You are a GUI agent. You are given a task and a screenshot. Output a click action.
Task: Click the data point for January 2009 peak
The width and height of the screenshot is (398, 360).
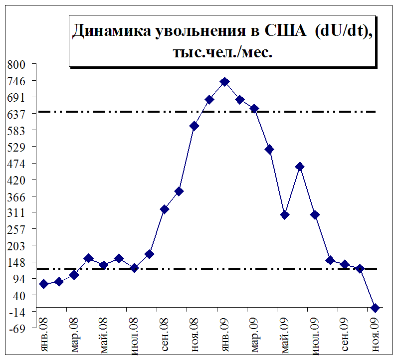tap(224, 82)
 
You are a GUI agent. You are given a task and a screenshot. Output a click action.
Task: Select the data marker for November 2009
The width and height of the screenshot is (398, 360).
tap(375, 308)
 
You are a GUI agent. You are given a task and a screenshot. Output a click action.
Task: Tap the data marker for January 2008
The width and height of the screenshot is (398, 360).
tap(44, 284)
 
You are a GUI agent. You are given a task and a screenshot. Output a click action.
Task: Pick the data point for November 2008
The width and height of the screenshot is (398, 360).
tap(195, 126)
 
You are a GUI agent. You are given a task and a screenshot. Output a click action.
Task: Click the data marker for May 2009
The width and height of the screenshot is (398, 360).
tap(285, 215)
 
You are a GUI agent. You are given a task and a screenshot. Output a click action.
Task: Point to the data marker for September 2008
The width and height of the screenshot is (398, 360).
tap(164, 209)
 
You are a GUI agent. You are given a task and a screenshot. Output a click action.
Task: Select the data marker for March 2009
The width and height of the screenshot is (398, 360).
tap(254, 109)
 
